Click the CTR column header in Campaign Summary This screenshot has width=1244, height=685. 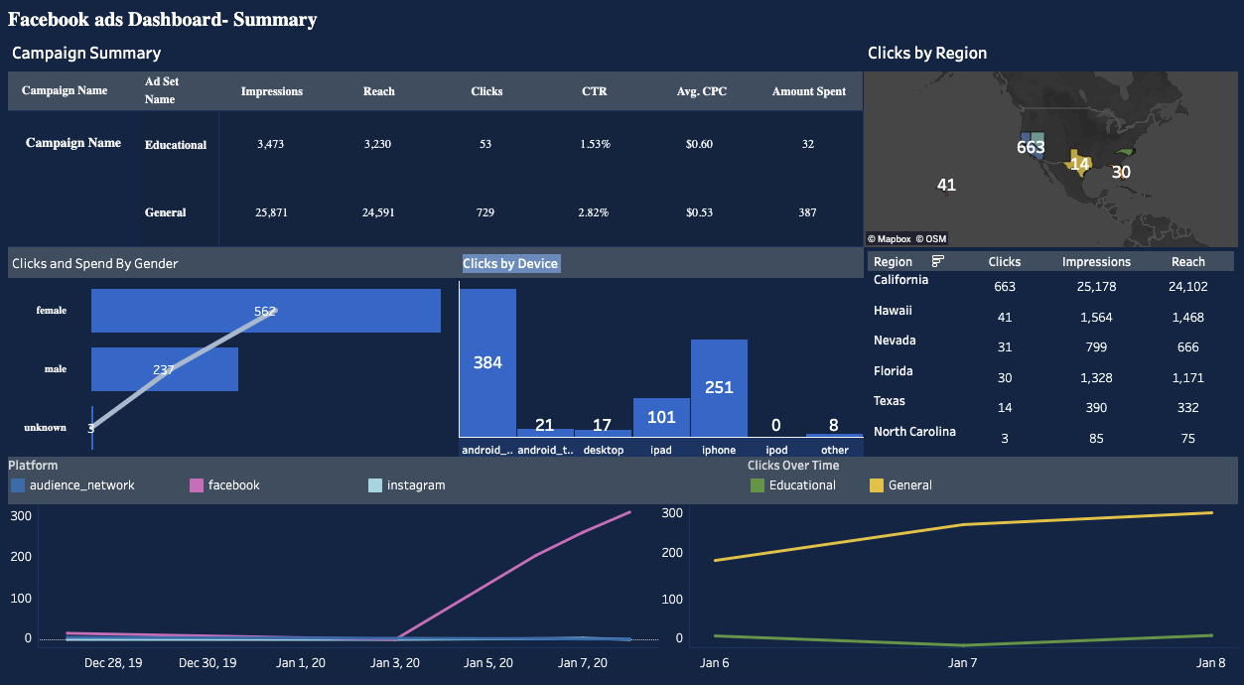pos(594,91)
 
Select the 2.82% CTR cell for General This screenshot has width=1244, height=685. pos(594,212)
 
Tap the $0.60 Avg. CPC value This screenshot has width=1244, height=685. pos(699,144)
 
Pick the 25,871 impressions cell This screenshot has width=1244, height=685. pos(270,212)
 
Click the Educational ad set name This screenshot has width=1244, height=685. pos(176,145)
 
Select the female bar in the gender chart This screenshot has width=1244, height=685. pos(265,311)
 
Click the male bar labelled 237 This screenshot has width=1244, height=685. pos(164,369)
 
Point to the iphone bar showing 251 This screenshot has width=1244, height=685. pos(719,387)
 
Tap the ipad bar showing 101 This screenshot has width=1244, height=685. pos(661,417)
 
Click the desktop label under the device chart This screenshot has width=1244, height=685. pos(603,450)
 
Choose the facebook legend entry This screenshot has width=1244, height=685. pos(233,485)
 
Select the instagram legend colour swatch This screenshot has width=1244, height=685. pos(375,485)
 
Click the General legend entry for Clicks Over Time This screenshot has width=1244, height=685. pos(909,485)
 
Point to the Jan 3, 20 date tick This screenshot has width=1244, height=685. pos(395,662)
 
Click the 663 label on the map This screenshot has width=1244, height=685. pos(1031,148)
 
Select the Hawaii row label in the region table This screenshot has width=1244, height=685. pos(893,311)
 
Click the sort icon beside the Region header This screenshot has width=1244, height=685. pos(938,261)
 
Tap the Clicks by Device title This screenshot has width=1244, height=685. pos(510,263)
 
